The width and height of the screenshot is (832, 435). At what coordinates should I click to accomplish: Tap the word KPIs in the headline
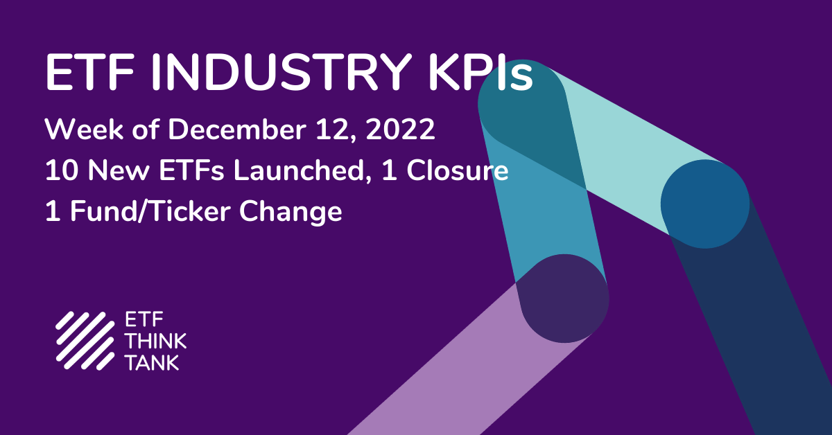point(481,72)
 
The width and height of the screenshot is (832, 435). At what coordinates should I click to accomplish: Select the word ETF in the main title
point(89,72)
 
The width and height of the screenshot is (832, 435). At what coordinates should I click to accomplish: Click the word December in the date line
point(237,130)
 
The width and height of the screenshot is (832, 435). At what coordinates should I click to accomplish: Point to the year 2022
point(400,130)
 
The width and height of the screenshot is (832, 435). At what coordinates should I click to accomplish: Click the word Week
point(84,130)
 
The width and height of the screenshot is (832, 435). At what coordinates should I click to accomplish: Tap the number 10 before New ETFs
point(62,170)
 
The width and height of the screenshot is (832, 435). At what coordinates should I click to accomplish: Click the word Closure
point(457,170)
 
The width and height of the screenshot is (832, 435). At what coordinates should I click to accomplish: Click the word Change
point(291,212)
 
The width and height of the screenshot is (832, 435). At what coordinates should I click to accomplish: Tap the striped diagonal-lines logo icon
point(85,341)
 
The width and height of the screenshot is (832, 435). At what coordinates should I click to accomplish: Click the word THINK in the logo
point(155,341)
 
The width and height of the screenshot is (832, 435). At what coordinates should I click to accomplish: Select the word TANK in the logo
point(153,362)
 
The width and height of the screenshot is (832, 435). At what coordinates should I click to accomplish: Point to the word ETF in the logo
point(144,319)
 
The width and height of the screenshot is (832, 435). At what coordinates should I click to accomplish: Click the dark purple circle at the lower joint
point(564,299)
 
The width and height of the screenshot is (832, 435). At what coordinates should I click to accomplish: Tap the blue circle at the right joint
point(705,204)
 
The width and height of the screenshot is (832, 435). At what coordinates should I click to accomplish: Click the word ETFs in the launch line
point(191,170)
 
